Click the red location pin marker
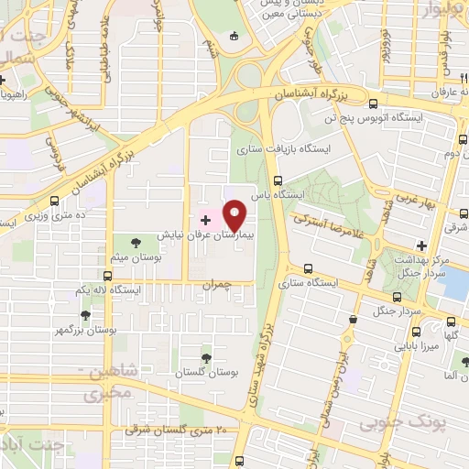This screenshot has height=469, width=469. click(x=235, y=216)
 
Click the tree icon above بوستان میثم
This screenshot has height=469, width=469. click(x=136, y=243)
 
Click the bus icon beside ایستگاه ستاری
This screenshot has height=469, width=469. click(x=308, y=268)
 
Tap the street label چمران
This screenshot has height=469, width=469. click(x=242, y=285)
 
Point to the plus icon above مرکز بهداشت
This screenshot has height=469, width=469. click(x=421, y=245)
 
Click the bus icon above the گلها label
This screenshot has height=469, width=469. click(x=452, y=322)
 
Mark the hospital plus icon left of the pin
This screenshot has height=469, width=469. click(x=205, y=221)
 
